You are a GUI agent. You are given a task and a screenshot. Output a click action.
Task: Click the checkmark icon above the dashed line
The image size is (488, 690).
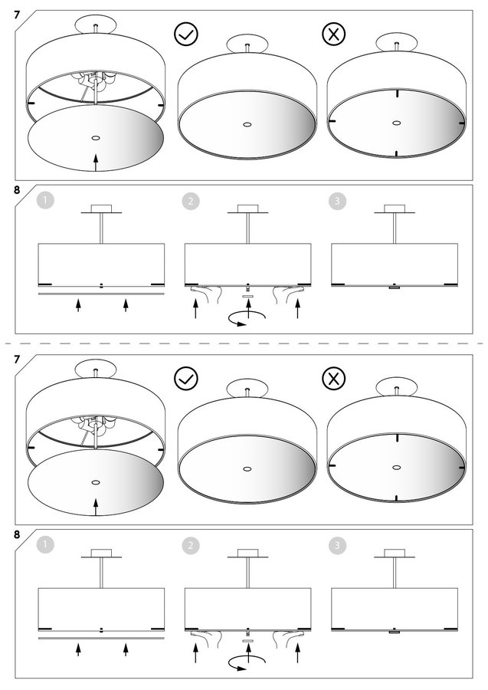coord(186,34)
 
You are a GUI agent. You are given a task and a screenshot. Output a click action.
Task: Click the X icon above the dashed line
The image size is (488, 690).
coord(334,34)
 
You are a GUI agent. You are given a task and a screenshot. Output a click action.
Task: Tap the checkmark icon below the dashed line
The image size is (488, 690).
coord(186,379)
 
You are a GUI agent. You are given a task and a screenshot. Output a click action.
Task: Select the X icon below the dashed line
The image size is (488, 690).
coord(334,379)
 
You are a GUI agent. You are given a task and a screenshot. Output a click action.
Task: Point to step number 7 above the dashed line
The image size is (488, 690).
coord(17,15)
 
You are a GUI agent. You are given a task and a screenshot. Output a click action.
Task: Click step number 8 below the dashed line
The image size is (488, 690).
coord(17,534)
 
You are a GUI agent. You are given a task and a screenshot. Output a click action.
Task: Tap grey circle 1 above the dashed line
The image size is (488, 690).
coord(45,201)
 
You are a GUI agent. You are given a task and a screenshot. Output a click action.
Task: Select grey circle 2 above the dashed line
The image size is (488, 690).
coord(190,201)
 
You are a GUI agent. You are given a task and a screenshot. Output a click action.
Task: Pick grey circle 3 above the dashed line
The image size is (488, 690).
coord(337,201)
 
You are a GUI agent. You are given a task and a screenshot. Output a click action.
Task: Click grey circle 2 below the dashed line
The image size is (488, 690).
coord(190,546)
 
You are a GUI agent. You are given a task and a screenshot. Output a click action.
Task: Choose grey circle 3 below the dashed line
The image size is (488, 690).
coord(337,546)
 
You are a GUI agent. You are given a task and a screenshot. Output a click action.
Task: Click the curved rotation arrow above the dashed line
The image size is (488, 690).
coord(247,319)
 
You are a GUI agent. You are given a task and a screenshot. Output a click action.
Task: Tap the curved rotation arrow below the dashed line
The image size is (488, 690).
coord(247,664)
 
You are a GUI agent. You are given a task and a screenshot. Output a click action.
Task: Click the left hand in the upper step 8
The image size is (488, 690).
coord(207,293)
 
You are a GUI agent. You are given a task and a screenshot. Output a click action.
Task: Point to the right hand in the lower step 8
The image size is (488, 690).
coord(289,638)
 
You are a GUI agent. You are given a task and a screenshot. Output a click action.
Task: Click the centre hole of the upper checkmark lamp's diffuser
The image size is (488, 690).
coord(247,124)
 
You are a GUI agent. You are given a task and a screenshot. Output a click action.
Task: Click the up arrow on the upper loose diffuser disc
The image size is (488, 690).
coord(96,163)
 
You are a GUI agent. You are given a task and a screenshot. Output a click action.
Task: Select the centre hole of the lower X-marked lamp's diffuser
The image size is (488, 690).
coord(397,468)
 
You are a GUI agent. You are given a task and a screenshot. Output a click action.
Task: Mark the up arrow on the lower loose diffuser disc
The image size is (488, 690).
coord(96,507)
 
